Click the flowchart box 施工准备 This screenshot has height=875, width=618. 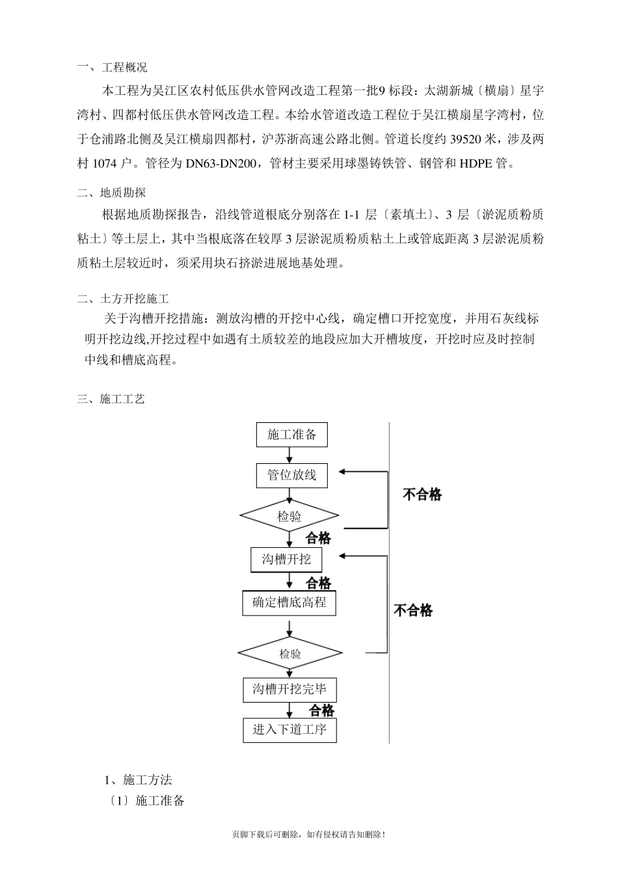(291, 435)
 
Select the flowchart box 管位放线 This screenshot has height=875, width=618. (291, 476)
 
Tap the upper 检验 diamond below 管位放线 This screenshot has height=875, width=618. (289, 517)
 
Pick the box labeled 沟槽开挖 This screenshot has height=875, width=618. (286, 559)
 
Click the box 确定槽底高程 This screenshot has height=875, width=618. (289, 602)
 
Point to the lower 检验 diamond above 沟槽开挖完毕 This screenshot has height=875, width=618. (290, 653)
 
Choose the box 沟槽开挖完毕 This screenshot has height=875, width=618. (289, 690)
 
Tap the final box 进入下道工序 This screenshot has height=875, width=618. (289, 729)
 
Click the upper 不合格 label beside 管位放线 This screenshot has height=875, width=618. (422, 495)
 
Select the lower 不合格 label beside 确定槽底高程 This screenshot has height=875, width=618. (413, 610)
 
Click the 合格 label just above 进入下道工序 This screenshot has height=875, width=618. (321, 710)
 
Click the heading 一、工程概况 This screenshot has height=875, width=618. (112, 67)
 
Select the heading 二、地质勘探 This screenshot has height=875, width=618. (111, 193)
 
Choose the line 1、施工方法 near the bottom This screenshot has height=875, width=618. (138, 780)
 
